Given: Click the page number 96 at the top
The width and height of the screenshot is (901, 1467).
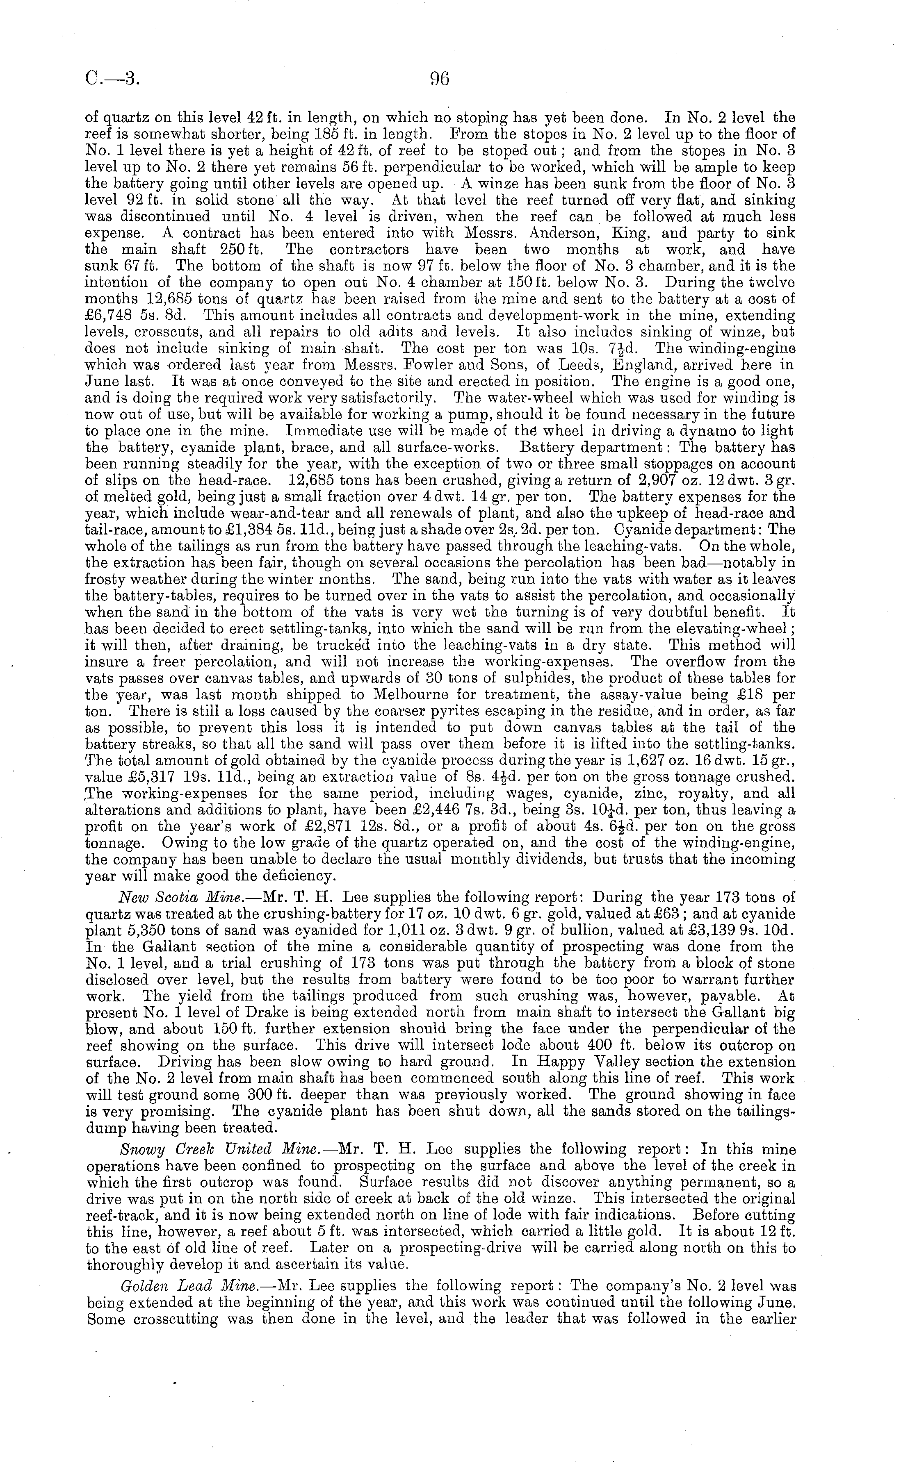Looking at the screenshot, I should (438, 79).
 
